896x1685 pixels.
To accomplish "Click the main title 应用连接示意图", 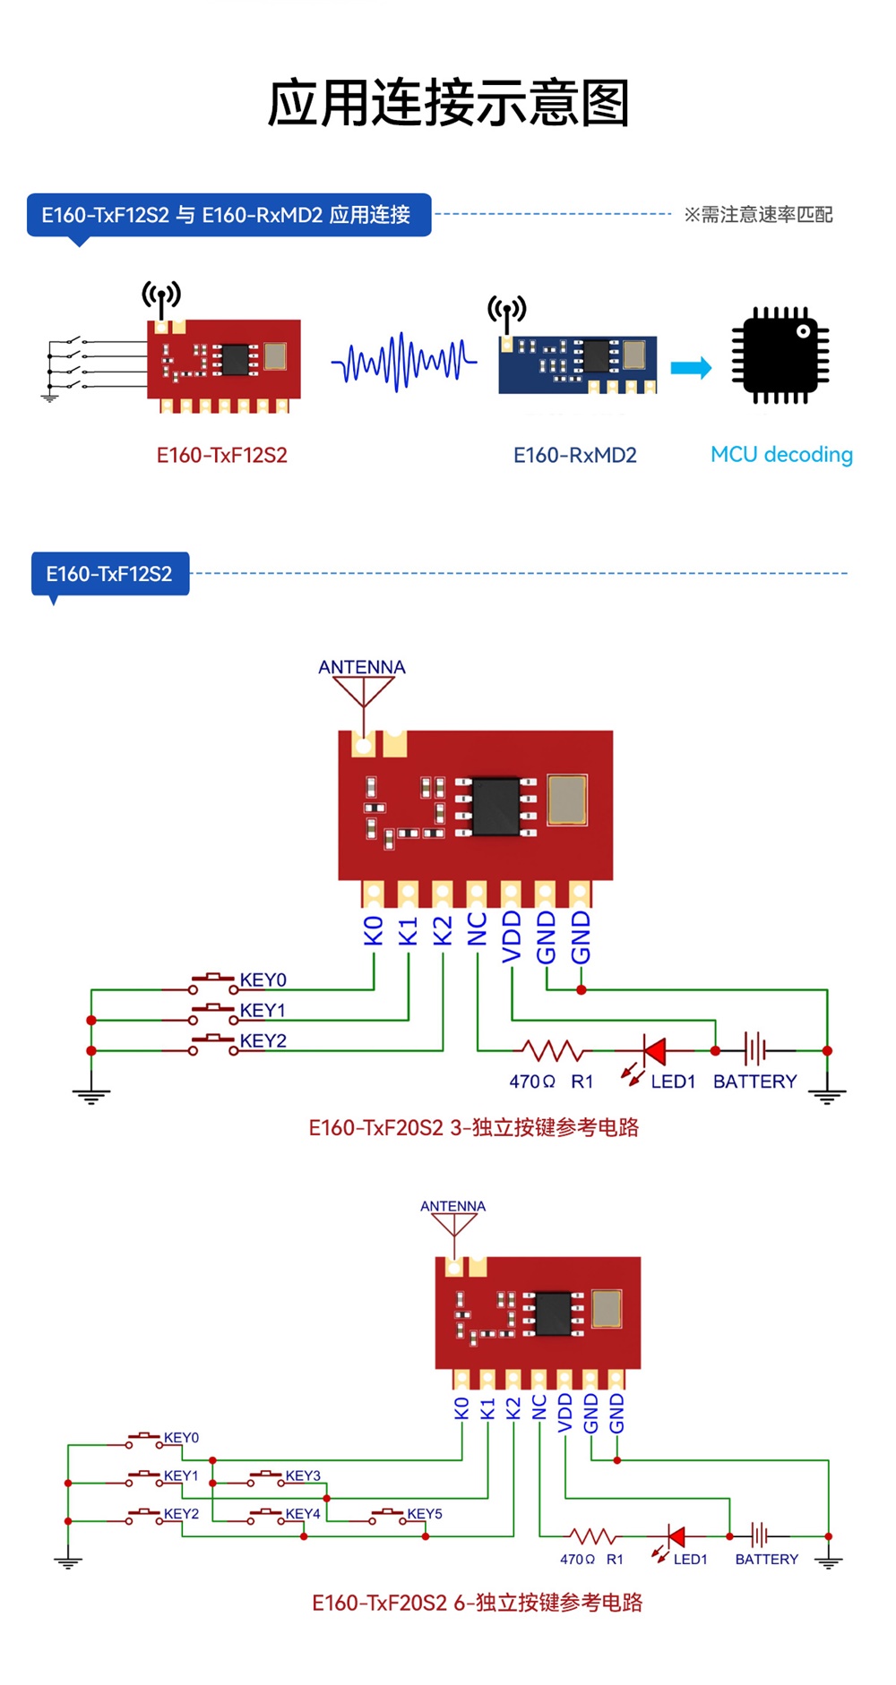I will click(448, 103).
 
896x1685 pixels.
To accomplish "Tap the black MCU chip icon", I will click(780, 355).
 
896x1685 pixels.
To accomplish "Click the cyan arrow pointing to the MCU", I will click(691, 367).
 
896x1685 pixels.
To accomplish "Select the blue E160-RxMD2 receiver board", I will click(578, 364).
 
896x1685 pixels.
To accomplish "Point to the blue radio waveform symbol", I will click(404, 362).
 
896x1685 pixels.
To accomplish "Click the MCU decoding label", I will click(781, 455).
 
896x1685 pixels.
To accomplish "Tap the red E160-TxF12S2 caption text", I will click(222, 456).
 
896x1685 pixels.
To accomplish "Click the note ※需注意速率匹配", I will click(758, 215).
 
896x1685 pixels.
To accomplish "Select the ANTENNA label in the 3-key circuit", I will click(362, 667).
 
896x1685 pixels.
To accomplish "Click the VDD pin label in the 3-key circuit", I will click(512, 937).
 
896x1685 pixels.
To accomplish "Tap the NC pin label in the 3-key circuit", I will click(478, 929).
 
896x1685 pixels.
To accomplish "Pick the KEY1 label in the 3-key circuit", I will click(263, 1011).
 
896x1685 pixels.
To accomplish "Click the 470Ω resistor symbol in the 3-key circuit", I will click(553, 1050).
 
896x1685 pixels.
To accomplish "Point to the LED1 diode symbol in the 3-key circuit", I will click(654, 1050).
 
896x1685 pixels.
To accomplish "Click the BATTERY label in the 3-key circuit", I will click(754, 1082).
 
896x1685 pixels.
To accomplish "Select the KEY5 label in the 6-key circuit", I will click(425, 1514).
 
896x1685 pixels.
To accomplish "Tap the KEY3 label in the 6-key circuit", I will click(303, 1475).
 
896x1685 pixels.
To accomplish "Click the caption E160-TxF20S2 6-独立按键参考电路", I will click(477, 1603).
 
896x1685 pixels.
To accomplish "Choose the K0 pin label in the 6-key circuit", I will click(462, 1408).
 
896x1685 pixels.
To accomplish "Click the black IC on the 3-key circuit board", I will click(495, 807).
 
